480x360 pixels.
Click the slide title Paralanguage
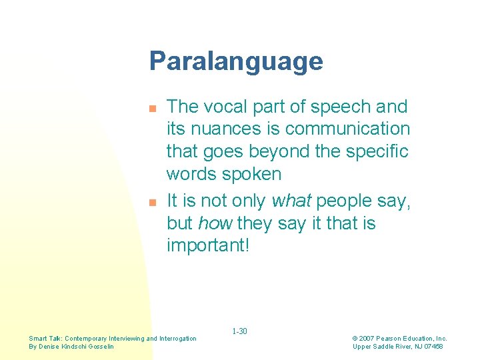tap(236, 61)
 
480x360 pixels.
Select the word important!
tap(208, 245)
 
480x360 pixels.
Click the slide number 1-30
tap(239, 331)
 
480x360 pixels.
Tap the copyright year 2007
tap(369, 339)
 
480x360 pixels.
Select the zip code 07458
tap(432, 347)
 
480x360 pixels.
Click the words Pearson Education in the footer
tap(406, 339)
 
